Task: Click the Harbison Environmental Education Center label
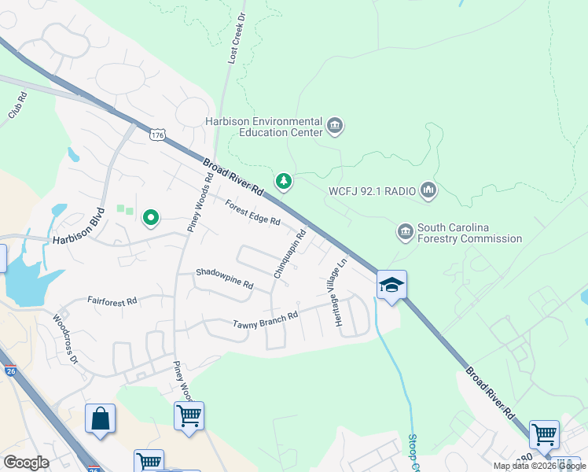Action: click(x=263, y=127)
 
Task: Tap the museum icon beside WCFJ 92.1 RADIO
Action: click(x=428, y=190)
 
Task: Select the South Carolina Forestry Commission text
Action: click(x=469, y=233)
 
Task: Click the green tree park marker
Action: click(x=284, y=182)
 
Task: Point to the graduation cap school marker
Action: click(x=391, y=285)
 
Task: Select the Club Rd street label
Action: click(x=17, y=105)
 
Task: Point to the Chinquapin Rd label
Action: click(x=289, y=253)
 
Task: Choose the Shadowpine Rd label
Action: click(x=225, y=278)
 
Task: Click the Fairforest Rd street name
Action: click(x=112, y=301)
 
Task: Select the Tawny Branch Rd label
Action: click(x=266, y=320)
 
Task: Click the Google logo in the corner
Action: click(x=26, y=463)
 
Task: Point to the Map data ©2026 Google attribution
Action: click(x=539, y=466)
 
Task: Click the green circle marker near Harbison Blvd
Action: click(x=150, y=217)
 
